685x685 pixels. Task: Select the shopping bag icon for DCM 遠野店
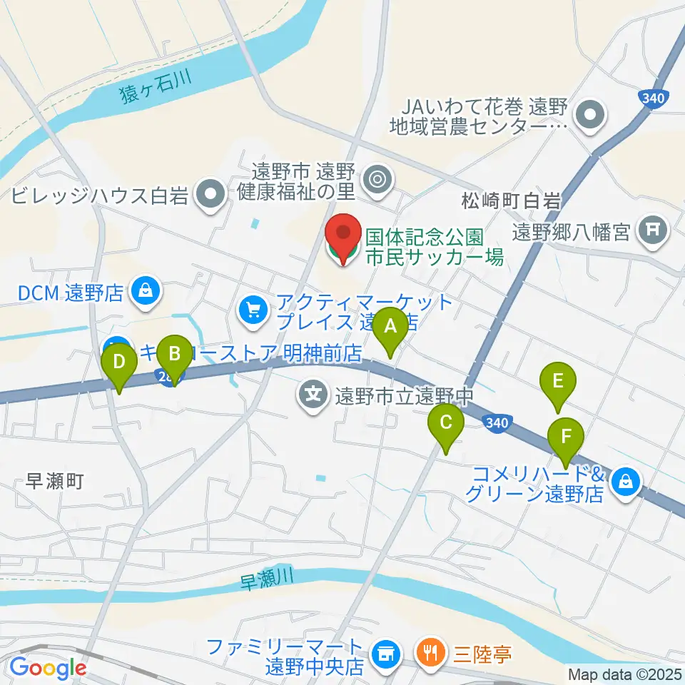146,291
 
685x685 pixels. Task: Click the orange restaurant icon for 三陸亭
430,654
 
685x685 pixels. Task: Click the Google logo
48,668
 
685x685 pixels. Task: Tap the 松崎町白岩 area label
511,201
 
